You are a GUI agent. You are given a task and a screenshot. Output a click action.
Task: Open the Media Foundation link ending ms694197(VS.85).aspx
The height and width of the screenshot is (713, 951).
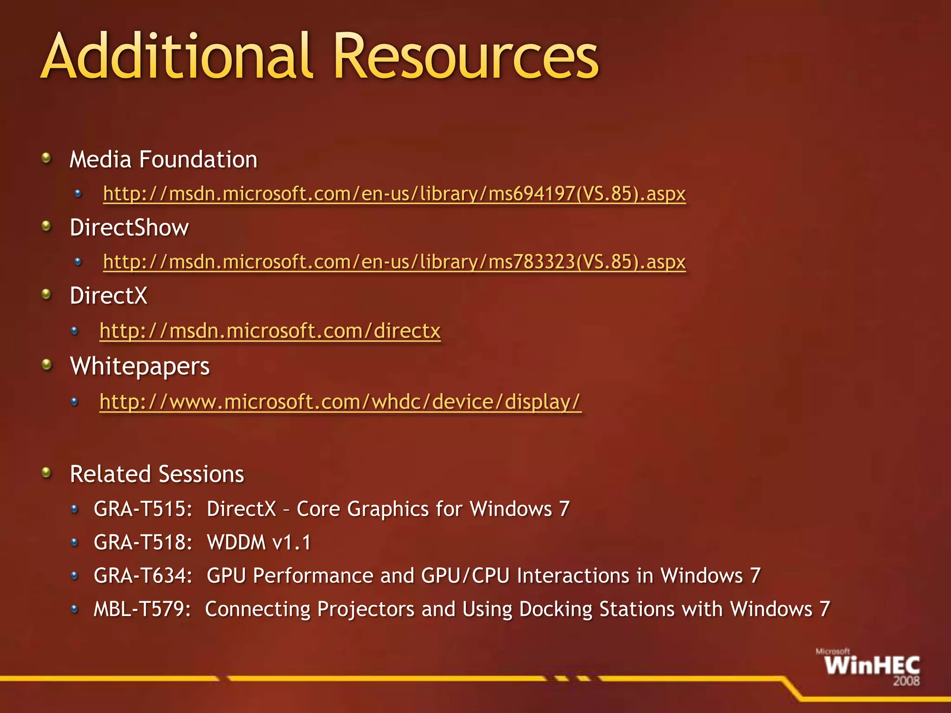click(x=394, y=194)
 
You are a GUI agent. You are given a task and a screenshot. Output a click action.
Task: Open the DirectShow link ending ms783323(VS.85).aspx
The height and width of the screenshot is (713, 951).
click(x=394, y=262)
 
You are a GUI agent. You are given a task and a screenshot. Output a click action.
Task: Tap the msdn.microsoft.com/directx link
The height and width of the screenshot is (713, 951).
click(x=270, y=331)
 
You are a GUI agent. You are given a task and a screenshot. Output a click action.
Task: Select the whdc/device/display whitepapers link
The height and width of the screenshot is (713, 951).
click(x=340, y=402)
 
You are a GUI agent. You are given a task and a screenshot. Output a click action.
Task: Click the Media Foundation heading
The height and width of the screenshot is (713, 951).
click(x=163, y=160)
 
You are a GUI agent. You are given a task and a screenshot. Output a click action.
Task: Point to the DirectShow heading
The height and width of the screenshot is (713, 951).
click(x=129, y=228)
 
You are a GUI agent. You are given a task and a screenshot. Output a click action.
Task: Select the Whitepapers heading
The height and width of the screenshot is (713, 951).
click(x=140, y=366)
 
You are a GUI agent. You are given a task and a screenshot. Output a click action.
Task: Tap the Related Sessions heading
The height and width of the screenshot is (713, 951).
click(x=157, y=474)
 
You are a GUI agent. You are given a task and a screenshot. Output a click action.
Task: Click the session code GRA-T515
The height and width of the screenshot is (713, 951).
click(x=143, y=509)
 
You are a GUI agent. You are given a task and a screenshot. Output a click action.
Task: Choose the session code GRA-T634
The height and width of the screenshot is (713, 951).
click(x=143, y=576)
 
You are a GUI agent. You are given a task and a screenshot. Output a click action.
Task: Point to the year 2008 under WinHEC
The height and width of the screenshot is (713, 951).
click(x=906, y=681)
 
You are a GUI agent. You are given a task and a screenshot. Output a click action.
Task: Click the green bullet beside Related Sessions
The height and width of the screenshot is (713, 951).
click(x=46, y=473)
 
